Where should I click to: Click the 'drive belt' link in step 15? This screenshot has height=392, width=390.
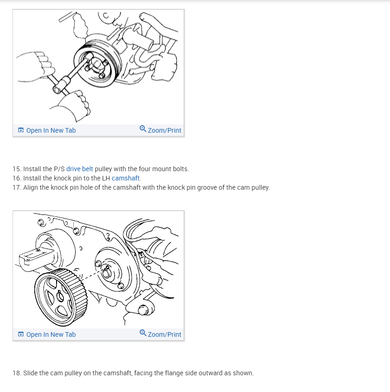point(79,169)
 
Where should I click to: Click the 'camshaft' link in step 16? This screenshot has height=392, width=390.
point(125,178)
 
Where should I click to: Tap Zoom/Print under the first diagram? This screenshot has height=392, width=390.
point(165,130)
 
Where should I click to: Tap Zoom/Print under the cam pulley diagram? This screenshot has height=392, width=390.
point(165,334)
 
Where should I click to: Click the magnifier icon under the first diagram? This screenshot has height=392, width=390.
point(143,129)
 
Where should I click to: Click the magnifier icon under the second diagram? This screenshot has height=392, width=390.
point(143,333)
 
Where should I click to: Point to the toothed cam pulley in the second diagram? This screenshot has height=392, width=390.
point(61,297)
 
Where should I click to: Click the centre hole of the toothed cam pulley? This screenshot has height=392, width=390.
point(60,297)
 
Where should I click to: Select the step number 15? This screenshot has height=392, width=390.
point(17,169)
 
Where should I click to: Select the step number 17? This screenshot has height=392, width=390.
point(17,187)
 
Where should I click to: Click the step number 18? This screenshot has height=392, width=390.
point(17,373)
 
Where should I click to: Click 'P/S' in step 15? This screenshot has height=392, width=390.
point(59,169)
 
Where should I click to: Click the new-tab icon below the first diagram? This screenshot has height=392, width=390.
point(21,130)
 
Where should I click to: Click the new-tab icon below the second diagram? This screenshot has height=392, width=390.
point(21,334)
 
